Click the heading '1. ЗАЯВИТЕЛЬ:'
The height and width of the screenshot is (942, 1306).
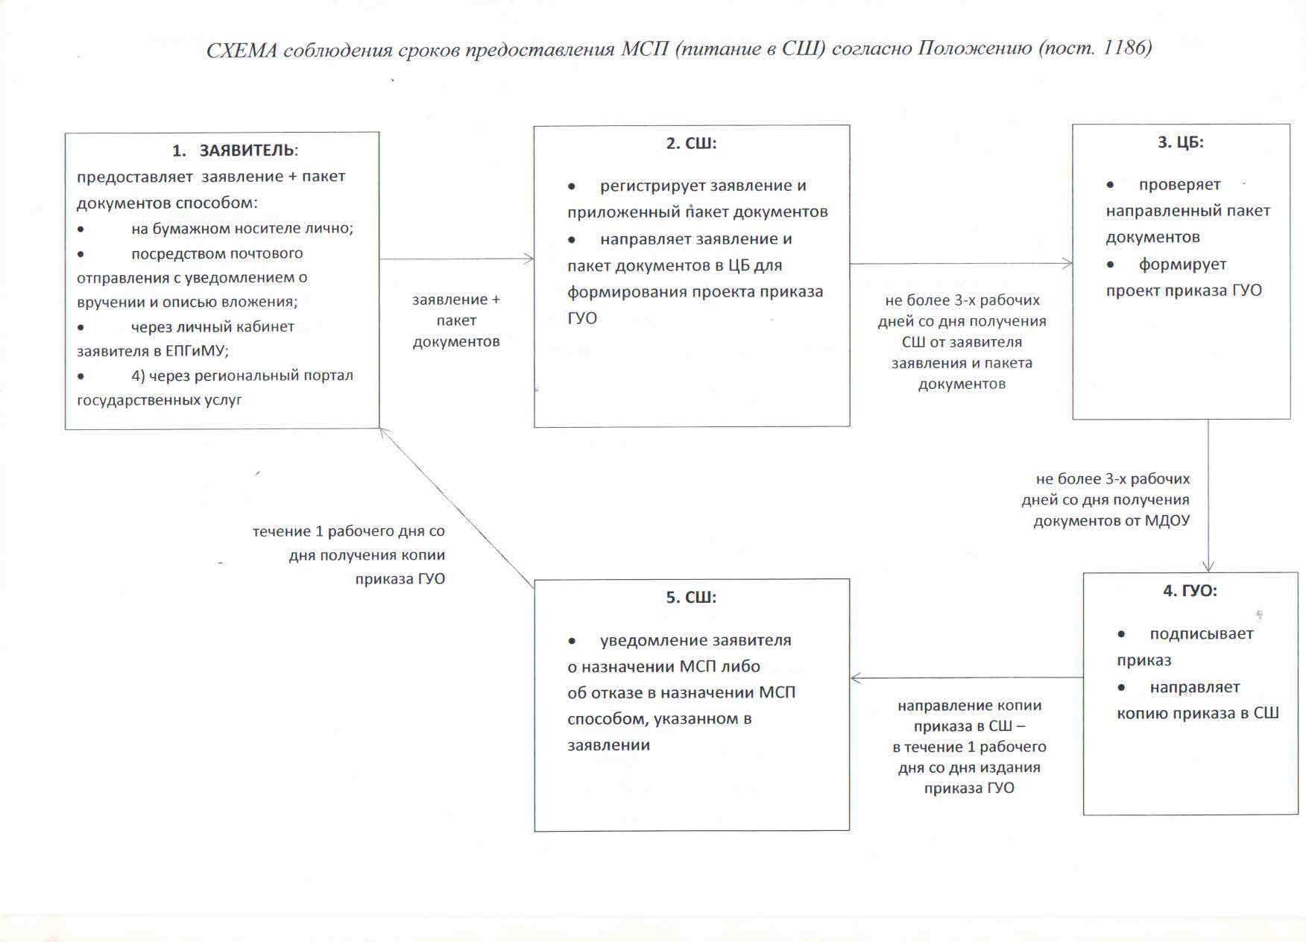[x=235, y=151]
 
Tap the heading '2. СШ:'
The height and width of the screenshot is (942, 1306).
[x=691, y=143]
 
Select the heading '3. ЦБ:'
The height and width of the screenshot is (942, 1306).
[x=1181, y=142]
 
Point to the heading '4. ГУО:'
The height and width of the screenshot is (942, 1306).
[x=1190, y=591]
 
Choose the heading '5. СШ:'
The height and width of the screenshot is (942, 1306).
[x=691, y=598]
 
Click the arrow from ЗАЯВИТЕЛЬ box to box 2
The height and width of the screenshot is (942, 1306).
[x=456, y=259]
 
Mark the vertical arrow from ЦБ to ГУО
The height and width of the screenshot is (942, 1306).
[x=1208, y=496]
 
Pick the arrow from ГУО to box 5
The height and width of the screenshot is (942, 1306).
[x=966, y=678]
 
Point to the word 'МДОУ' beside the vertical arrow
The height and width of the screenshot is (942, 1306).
[x=1167, y=521]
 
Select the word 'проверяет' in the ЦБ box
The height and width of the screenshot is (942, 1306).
[x=1179, y=185]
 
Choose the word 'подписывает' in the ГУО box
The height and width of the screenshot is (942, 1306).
[x=1201, y=634]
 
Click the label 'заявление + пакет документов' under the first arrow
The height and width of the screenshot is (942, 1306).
[x=456, y=320]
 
